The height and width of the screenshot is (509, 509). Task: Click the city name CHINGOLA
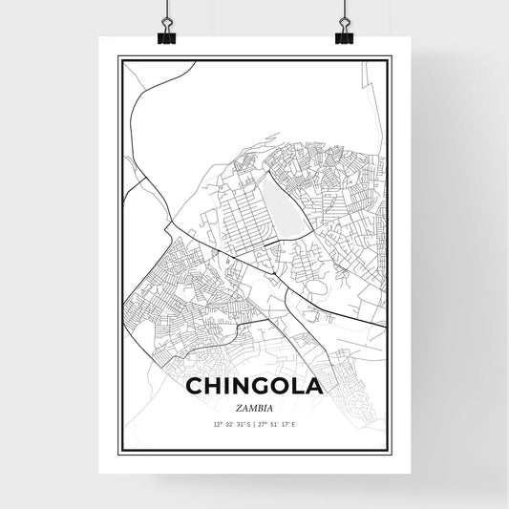click(253, 389)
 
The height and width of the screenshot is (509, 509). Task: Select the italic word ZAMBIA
click(253, 407)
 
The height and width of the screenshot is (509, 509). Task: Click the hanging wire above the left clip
click(164, 10)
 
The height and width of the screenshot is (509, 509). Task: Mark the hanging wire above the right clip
click(344, 10)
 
